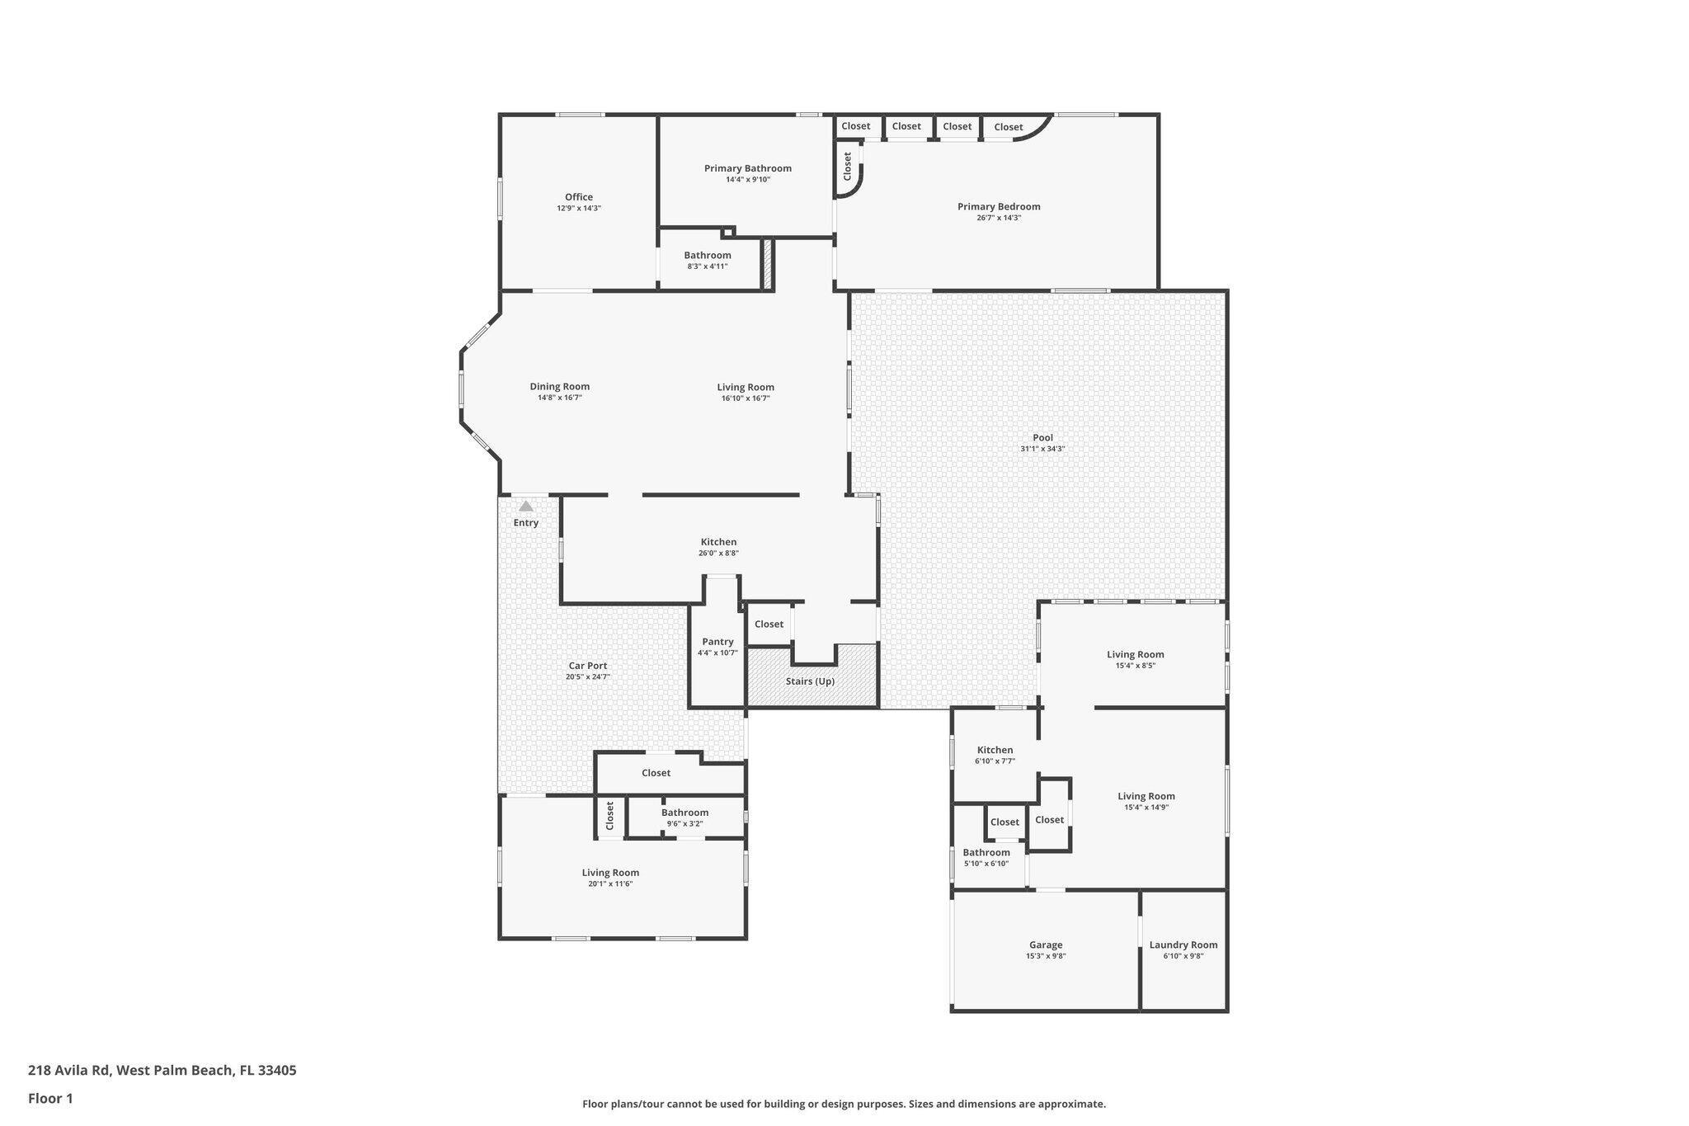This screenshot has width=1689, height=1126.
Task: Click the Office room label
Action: [578, 197]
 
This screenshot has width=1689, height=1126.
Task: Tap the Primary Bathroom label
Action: [747, 168]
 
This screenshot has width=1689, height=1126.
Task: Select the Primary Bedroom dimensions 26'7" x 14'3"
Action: [999, 218]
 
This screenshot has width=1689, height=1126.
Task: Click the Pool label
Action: [1042, 438]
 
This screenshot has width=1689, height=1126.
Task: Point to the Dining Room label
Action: [559, 386]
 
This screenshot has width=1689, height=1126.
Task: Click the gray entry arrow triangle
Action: [525, 506]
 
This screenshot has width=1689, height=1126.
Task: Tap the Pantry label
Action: [717, 642]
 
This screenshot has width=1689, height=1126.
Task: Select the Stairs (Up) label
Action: [810, 681]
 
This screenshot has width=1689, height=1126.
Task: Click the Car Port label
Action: [587, 666]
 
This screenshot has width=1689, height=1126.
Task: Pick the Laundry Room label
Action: [1183, 945]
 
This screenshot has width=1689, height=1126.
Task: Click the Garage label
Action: [1045, 945]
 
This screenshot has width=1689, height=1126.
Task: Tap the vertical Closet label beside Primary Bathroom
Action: [847, 167]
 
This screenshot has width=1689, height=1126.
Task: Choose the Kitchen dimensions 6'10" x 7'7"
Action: [995, 761]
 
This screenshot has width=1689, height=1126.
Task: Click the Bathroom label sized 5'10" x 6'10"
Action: [986, 852]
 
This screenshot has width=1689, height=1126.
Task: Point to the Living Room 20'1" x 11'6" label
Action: [610, 873]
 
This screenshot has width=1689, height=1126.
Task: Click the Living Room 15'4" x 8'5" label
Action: [1135, 654]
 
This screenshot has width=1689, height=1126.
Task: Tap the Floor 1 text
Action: [50, 1098]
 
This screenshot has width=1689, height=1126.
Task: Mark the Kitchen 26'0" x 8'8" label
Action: [718, 542]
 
